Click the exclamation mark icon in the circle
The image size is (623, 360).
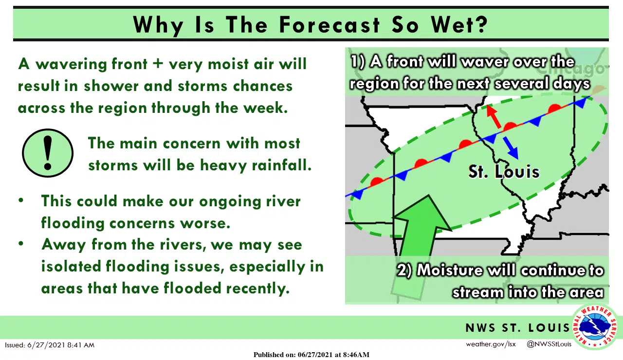coord(48,152)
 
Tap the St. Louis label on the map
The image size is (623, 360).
coord(504,172)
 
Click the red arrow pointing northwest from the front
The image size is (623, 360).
coord(494,117)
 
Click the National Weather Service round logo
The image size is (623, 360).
coord(595,327)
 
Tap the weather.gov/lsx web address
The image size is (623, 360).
coord(491,344)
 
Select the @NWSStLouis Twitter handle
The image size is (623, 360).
coord(549,344)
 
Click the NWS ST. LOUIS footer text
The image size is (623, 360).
coord(517,328)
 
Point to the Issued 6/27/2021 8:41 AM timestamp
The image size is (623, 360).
coord(50,345)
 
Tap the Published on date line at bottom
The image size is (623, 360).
coord(311,355)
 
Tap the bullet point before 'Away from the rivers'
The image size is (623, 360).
coord(21,244)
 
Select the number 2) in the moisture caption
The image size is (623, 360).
coord(405,270)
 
